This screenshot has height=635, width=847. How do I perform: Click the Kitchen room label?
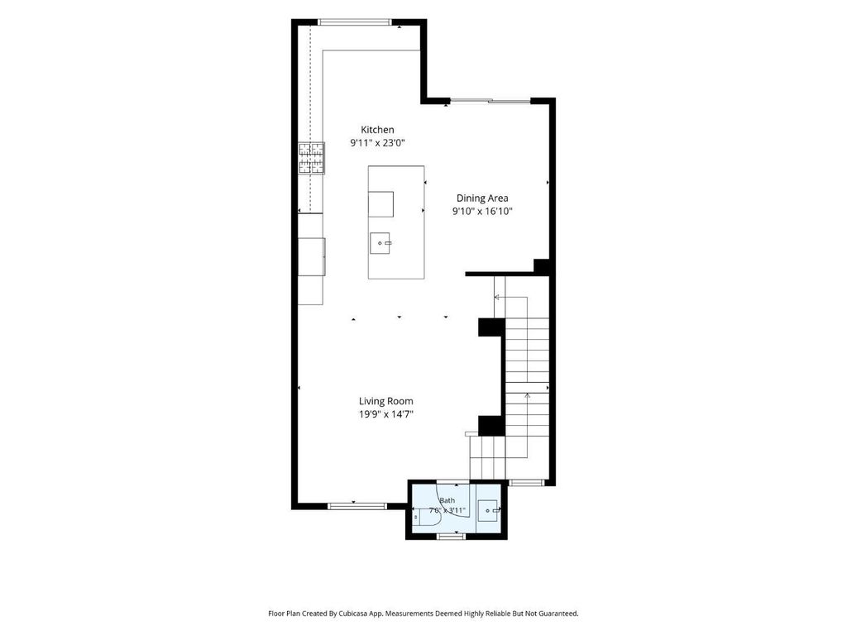pyautogui.click(x=377, y=130)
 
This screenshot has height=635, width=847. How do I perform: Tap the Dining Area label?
pyautogui.click(x=482, y=198)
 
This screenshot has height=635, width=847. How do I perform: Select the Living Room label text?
pyautogui.click(x=386, y=401)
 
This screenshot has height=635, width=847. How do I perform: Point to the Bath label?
pyautogui.click(x=447, y=500)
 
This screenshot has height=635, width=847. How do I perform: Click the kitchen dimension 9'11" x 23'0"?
pyautogui.click(x=377, y=143)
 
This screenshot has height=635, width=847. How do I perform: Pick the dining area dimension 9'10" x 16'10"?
pyautogui.click(x=482, y=212)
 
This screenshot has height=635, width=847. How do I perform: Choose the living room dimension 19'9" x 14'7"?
pyautogui.click(x=386, y=415)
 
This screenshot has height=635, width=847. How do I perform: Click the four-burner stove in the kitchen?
pyautogui.click(x=312, y=158)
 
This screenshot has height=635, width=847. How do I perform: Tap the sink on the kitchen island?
pyautogui.click(x=380, y=244)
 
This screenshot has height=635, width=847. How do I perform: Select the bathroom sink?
pyautogui.click(x=488, y=510)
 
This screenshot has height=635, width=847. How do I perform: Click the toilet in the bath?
pyautogui.click(x=427, y=517)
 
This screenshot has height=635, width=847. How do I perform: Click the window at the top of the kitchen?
pyautogui.click(x=353, y=22)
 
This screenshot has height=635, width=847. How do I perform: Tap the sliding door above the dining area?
pyautogui.click(x=490, y=100)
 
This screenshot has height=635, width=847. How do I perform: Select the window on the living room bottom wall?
pyautogui.click(x=357, y=507)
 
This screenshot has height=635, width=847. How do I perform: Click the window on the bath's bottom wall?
pyautogui.click(x=451, y=536)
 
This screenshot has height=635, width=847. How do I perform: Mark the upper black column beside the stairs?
pyautogui.click(x=491, y=327)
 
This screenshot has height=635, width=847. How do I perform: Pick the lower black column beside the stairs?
pyautogui.click(x=491, y=426)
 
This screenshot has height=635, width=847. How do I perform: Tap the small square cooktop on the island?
pyautogui.click(x=380, y=204)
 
